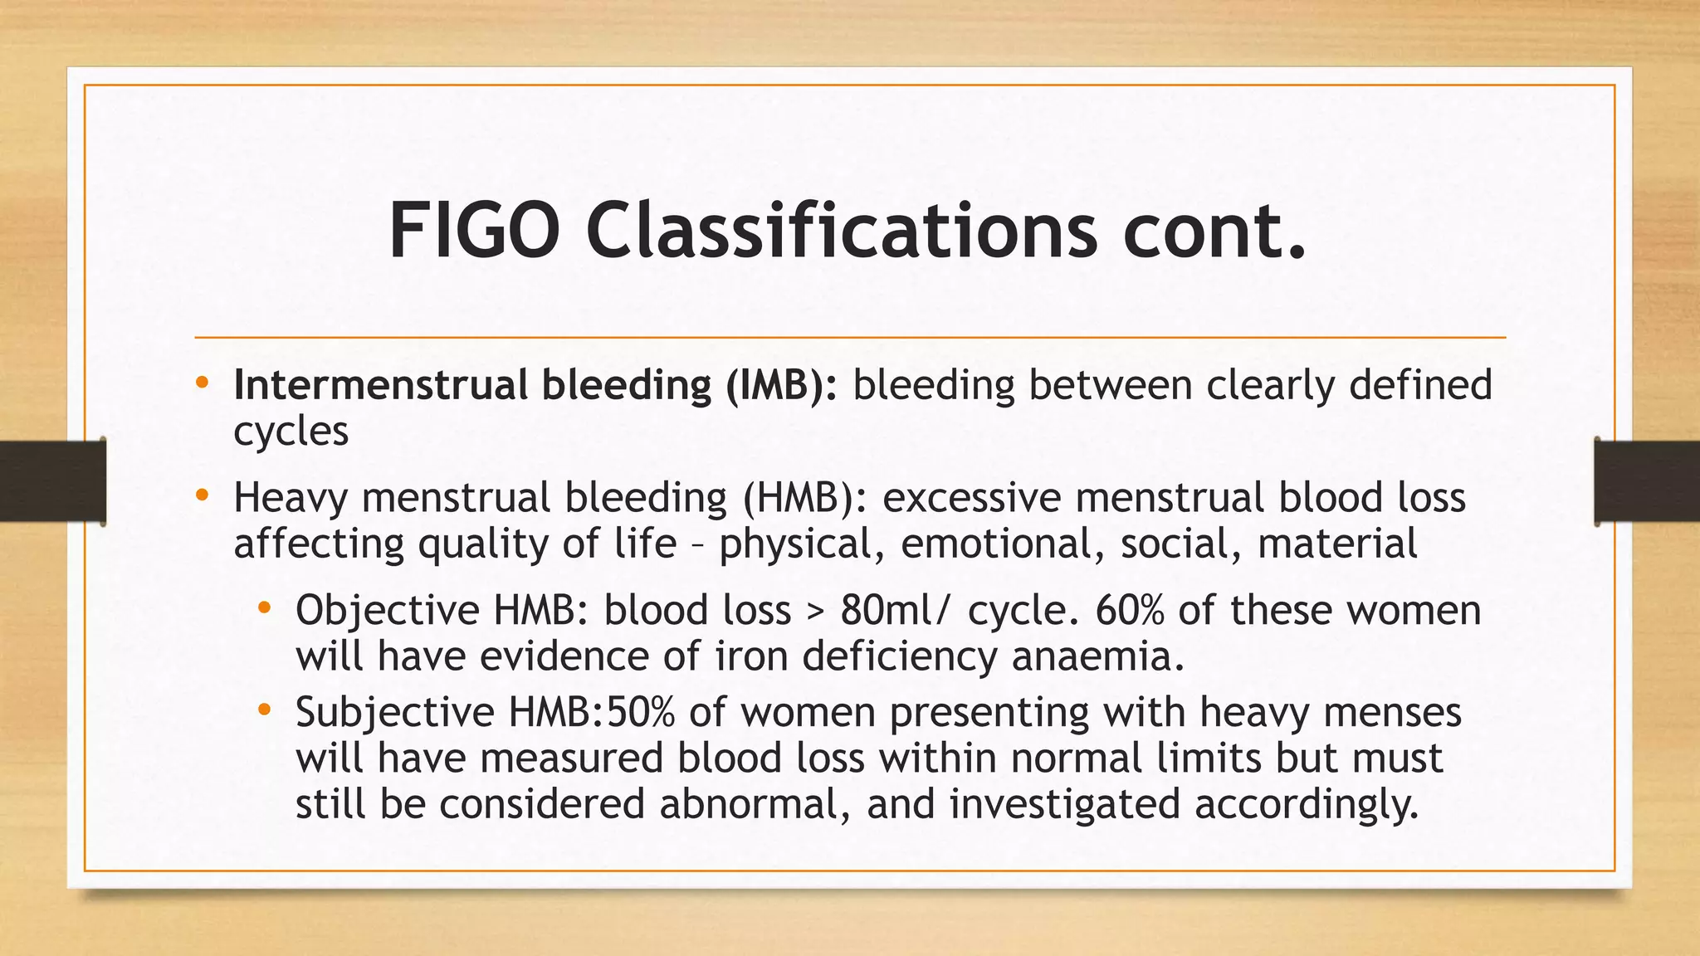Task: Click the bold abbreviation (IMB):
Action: tap(782, 385)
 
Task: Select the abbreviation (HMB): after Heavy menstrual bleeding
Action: tap(804, 498)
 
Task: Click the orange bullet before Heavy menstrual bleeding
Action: tap(202, 496)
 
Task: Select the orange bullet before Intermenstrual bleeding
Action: tap(202, 383)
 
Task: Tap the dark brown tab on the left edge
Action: tap(52, 481)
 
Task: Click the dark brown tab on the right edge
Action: tap(1647, 481)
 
